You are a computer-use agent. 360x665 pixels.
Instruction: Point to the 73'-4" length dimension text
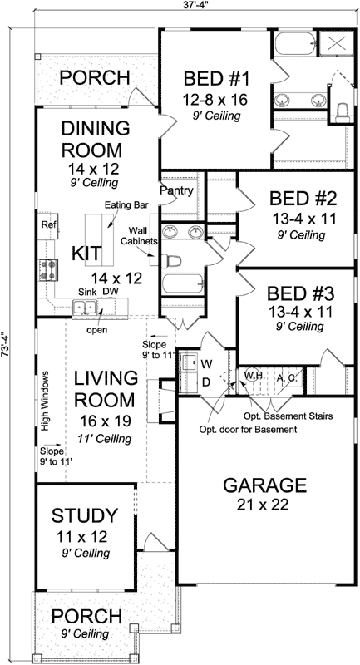point(7,344)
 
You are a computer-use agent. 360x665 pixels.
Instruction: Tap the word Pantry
point(178,191)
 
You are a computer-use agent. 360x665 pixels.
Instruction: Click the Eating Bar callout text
point(125,204)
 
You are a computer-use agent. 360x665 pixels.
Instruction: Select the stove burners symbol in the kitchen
point(46,269)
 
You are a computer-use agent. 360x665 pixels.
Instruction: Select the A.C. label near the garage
point(287,376)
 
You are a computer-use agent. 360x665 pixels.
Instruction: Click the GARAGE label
point(265,485)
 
